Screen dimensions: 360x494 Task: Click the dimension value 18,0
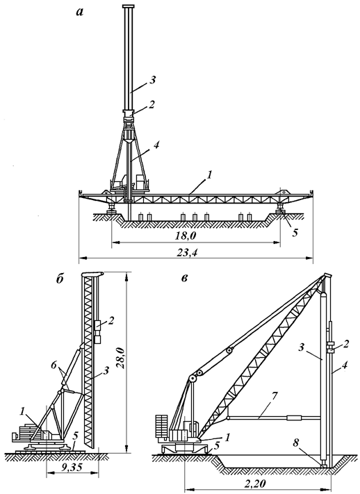[188, 236]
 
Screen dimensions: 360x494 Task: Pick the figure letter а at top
[79, 13]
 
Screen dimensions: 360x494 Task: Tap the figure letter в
[184, 279]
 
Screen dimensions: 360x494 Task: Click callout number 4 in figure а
[156, 145]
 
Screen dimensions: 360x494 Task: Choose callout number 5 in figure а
[295, 233]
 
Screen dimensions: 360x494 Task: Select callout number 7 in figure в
[275, 396]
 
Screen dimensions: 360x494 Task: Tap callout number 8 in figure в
[295, 443]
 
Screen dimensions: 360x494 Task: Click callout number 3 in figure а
[153, 80]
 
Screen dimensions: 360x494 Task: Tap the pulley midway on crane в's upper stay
[229, 351]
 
